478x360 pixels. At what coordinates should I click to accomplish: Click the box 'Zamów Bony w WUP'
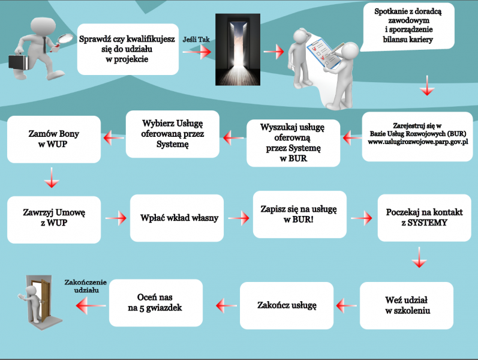(54, 139)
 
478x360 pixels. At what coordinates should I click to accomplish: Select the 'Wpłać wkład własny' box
(177, 218)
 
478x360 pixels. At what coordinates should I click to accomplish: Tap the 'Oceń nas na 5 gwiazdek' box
(156, 302)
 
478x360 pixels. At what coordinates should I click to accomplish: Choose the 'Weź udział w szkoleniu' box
(407, 305)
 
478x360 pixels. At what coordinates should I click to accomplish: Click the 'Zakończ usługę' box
(287, 305)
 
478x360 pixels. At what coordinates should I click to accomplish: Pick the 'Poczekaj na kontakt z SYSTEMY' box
(425, 218)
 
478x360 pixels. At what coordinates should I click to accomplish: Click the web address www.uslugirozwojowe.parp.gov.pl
(417, 142)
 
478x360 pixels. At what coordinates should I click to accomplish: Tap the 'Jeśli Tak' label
(196, 40)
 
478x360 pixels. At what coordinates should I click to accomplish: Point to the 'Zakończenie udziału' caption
(86, 286)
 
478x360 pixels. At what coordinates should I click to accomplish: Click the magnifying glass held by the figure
(64, 40)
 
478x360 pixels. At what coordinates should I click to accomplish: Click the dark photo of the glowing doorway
(238, 49)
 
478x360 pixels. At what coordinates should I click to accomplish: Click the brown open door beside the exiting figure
(46, 301)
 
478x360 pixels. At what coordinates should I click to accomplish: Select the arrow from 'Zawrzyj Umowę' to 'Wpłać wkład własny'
(116, 218)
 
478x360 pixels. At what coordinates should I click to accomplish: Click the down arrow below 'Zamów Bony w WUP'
(52, 178)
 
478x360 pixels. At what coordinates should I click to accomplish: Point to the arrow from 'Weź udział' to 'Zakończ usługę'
(346, 305)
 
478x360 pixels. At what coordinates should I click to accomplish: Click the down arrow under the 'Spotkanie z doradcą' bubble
(427, 85)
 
